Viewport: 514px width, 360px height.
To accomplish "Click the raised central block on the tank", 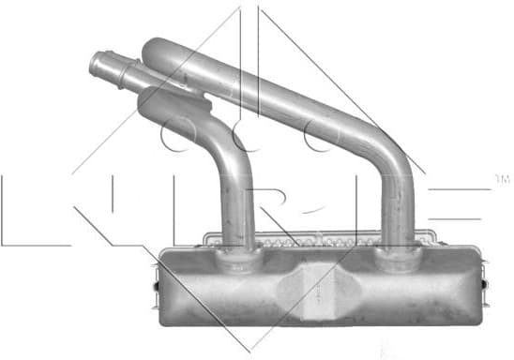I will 316,287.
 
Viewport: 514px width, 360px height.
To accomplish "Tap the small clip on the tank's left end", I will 157,276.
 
